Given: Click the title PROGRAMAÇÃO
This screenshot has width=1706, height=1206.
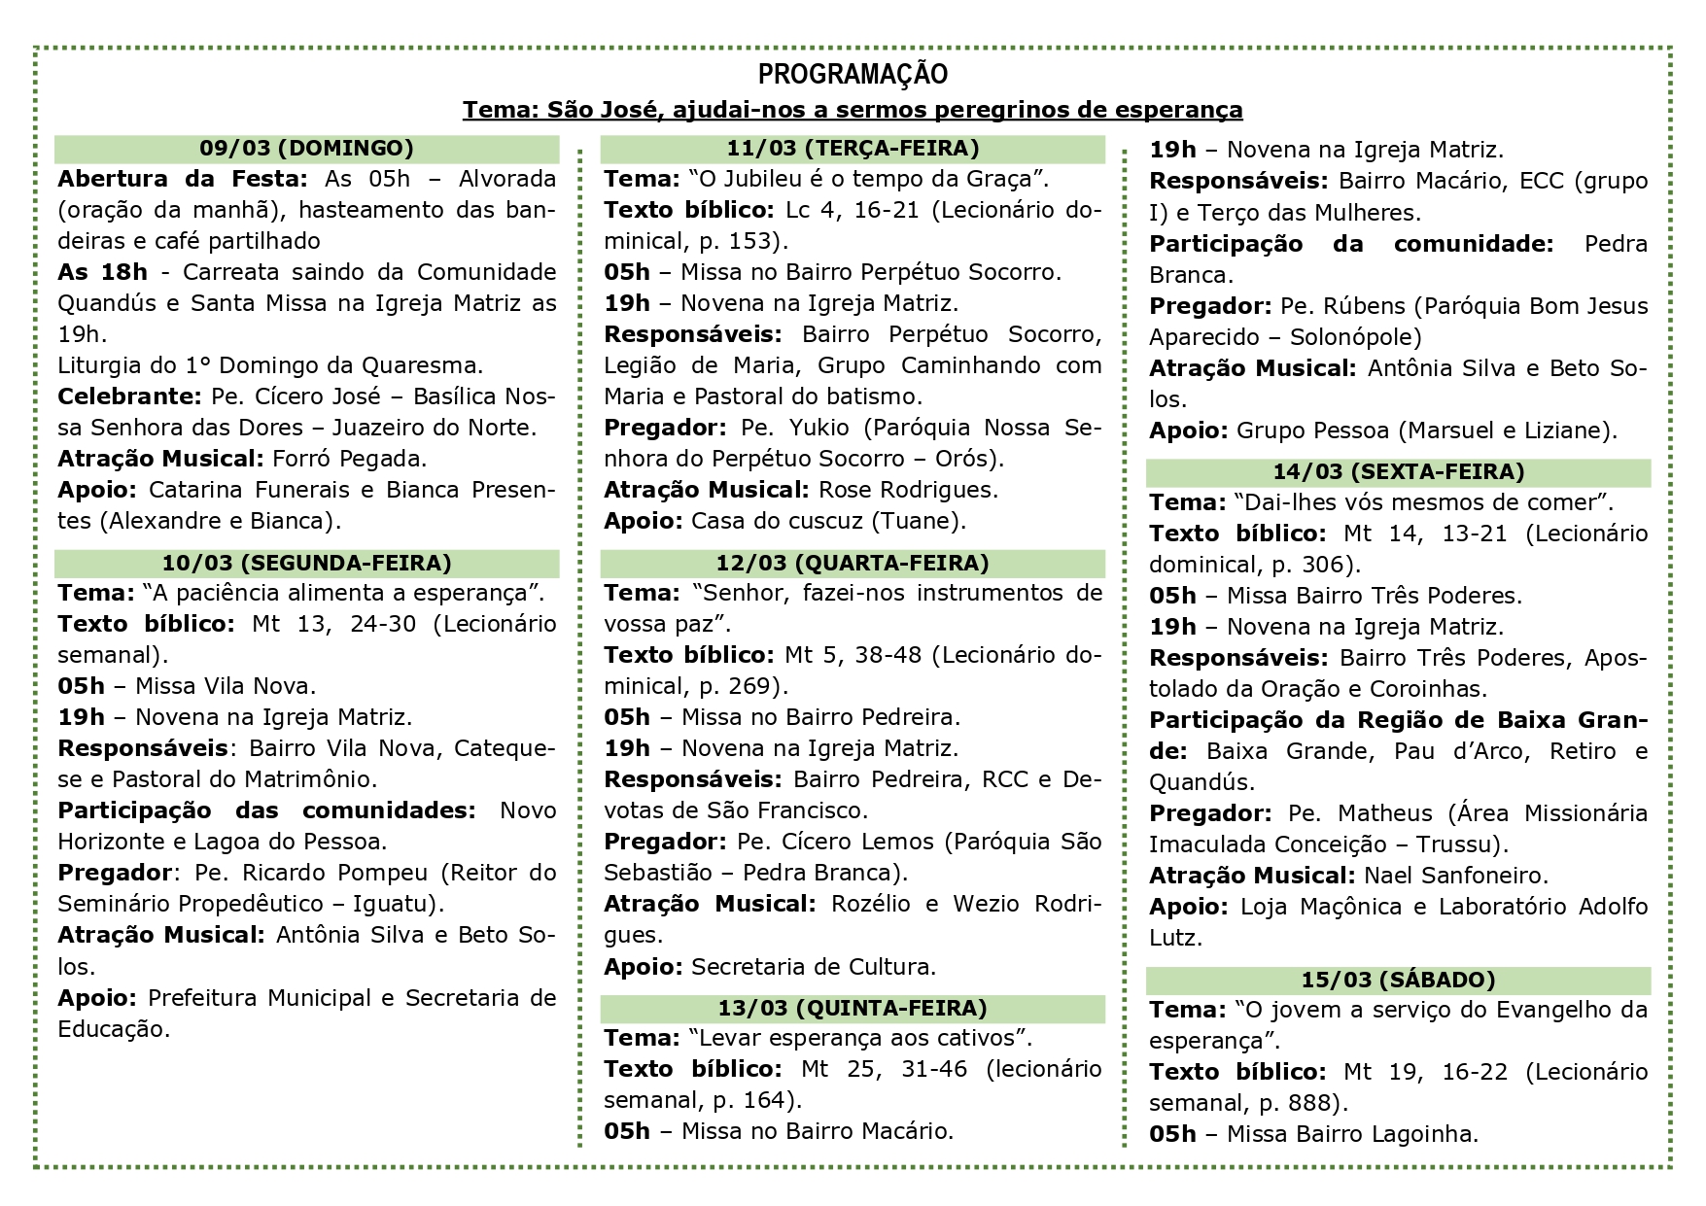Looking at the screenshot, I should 853,75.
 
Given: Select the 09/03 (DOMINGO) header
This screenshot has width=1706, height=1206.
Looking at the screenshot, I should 307,149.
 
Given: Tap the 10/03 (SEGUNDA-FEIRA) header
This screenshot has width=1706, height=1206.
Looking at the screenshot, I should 307,563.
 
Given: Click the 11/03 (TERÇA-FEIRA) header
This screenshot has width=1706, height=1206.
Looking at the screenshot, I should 853,149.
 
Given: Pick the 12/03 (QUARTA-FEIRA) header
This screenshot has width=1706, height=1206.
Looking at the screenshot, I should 853,563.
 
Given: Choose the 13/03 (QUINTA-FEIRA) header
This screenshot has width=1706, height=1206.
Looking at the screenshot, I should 853,1008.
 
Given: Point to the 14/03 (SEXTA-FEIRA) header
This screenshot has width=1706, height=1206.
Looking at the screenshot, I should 1398,472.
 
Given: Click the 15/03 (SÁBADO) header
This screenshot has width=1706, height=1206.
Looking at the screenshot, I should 1398,980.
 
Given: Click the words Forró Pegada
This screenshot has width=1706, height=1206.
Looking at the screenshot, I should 350,459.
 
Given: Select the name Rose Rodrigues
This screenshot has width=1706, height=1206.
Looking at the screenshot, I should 908,490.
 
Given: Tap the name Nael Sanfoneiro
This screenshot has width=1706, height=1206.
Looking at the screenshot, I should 1455,876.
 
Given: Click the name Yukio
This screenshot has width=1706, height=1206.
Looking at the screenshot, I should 819,428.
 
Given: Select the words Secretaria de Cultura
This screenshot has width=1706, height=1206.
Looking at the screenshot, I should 813,967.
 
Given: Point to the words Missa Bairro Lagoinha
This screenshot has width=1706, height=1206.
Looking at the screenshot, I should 1352,1134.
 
